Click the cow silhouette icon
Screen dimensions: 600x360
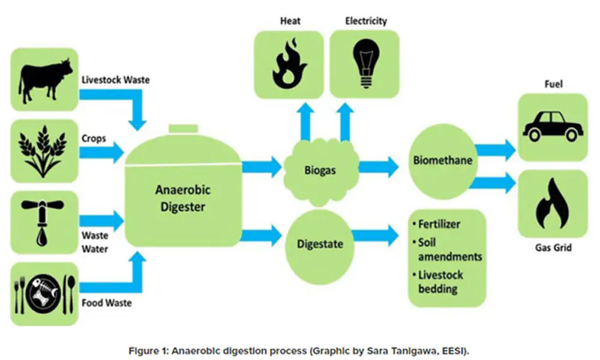click(45, 80)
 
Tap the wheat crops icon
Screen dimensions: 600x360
click(43, 151)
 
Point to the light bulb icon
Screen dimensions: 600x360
click(366, 64)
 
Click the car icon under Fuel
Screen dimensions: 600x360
click(553, 126)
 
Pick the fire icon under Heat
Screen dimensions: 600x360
click(289, 64)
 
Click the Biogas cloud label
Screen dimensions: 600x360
click(320, 170)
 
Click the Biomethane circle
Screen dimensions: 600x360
click(443, 161)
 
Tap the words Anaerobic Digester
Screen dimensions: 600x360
click(183, 198)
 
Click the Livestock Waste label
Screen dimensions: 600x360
click(116, 80)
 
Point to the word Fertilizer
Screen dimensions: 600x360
click(439, 224)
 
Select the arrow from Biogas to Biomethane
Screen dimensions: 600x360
click(379, 167)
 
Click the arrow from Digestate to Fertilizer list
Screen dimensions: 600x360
click(376, 235)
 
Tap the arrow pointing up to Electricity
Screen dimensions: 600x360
click(345, 122)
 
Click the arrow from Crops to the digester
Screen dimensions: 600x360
click(102, 152)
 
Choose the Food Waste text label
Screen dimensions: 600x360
click(106, 303)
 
